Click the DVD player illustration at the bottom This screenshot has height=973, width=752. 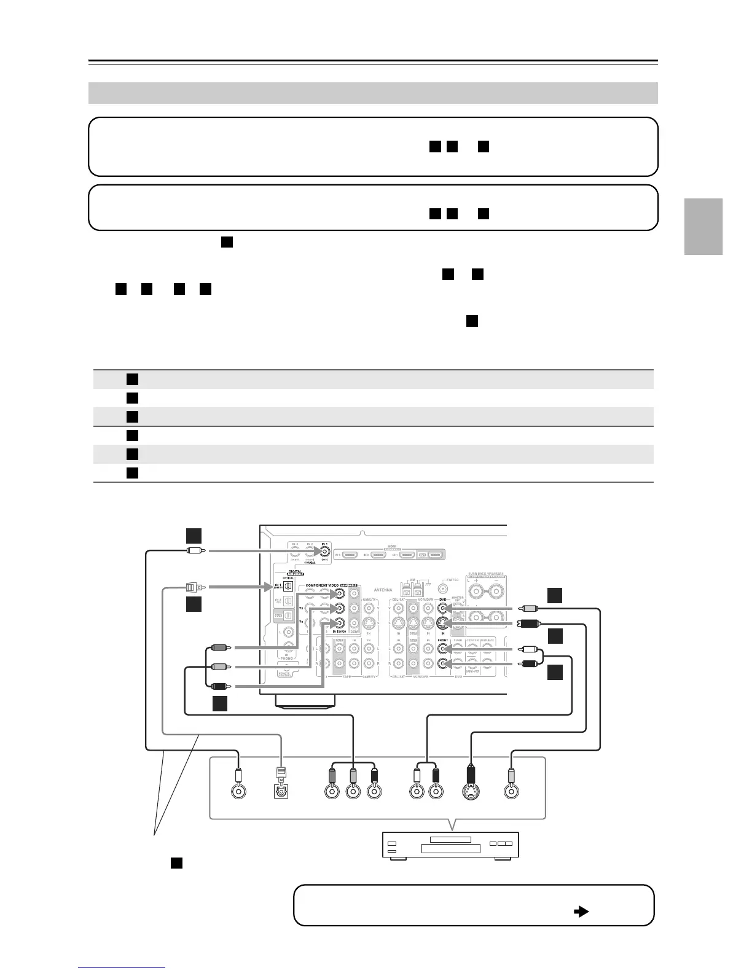click(451, 846)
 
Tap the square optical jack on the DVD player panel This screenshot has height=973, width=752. click(281, 791)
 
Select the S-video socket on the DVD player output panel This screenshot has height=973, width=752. click(471, 791)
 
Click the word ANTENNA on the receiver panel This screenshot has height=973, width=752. click(383, 590)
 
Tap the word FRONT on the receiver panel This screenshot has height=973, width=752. click(443, 640)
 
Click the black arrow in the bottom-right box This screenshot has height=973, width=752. click(581, 912)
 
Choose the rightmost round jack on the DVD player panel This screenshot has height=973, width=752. click(509, 791)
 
